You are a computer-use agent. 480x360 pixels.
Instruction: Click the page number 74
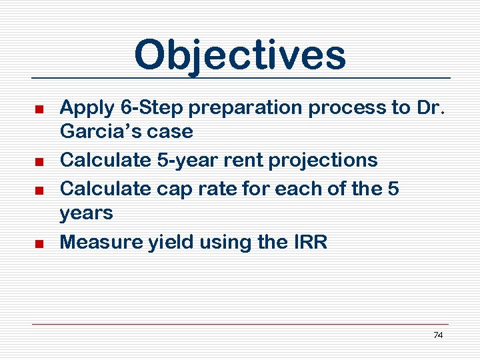point(438,335)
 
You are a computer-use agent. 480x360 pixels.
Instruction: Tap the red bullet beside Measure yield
point(39,243)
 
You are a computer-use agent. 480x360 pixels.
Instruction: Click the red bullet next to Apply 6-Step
point(39,108)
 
